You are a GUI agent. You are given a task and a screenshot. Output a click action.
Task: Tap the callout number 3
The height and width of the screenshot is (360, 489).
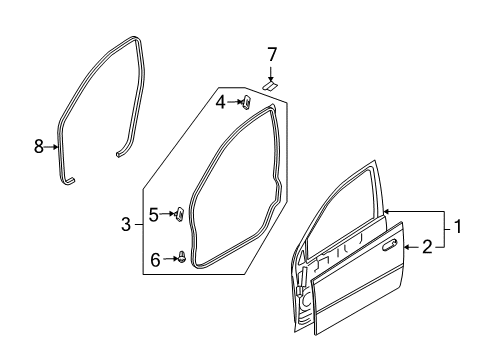[125, 226]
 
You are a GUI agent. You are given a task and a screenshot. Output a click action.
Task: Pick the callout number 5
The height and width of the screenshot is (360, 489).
[154, 212]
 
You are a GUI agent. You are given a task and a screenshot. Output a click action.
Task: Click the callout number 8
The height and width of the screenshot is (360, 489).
[38, 147]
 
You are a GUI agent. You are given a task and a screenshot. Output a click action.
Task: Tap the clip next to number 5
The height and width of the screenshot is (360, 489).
[180, 212]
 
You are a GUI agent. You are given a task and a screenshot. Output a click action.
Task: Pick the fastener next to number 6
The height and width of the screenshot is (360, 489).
[181, 257]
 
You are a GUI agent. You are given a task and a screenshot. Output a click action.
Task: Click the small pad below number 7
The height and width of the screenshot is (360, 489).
[270, 86]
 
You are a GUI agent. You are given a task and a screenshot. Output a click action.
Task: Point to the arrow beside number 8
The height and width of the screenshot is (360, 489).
[53, 147]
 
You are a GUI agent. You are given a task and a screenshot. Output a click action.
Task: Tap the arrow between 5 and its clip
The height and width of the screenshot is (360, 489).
[167, 212]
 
